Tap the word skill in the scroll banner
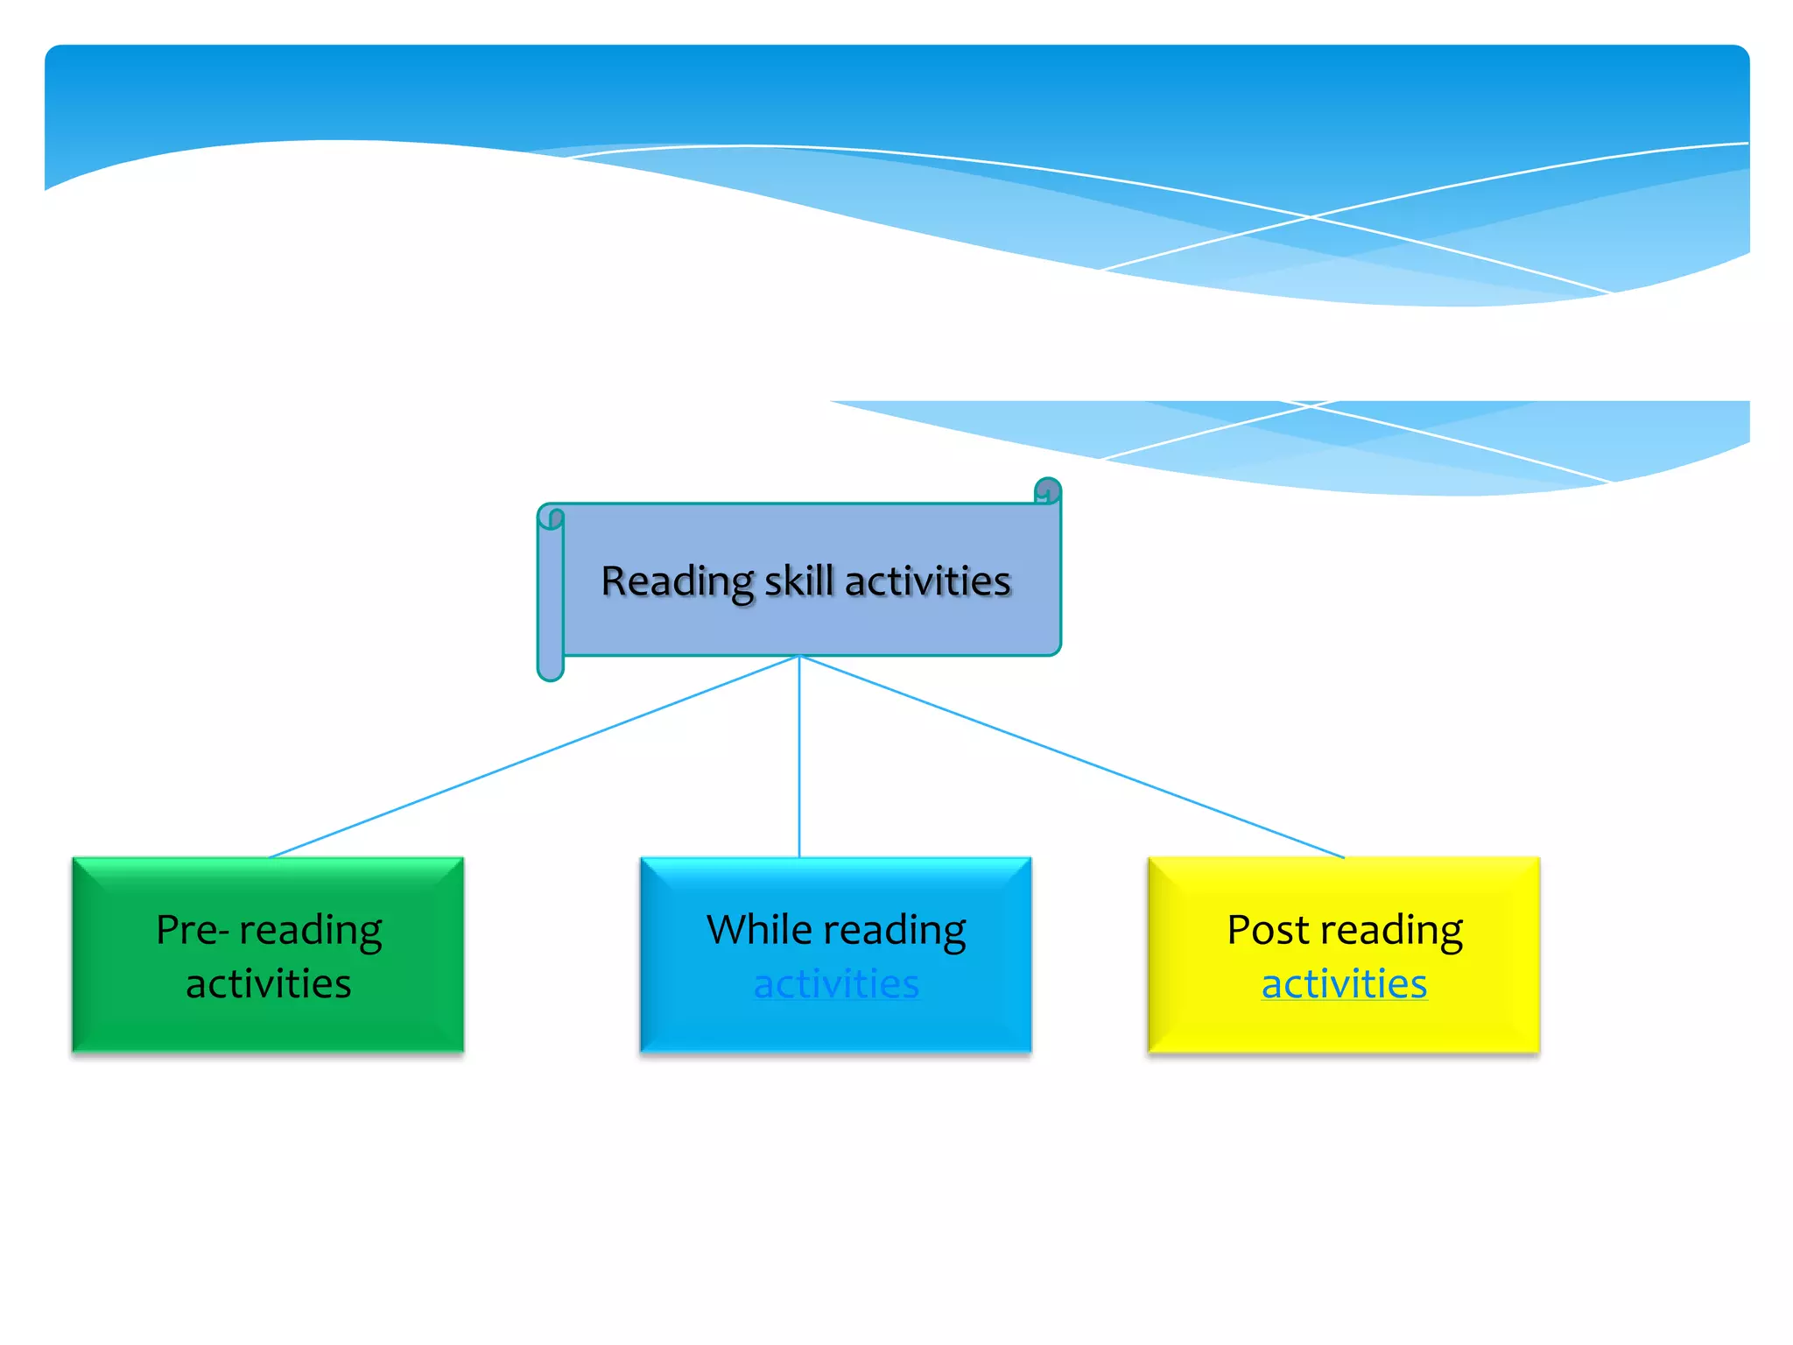(798, 581)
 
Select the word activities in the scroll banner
(927, 581)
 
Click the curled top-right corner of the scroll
(1048, 490)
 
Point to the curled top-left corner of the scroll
(551, 517)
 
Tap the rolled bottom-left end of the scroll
(551, 668)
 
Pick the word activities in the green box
(269, 984)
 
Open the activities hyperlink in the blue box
(836, 984)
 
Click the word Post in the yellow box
(1266, 930)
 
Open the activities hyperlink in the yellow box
(1344, 984)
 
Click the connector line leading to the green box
(534, 757)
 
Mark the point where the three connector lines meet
(799, 656)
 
